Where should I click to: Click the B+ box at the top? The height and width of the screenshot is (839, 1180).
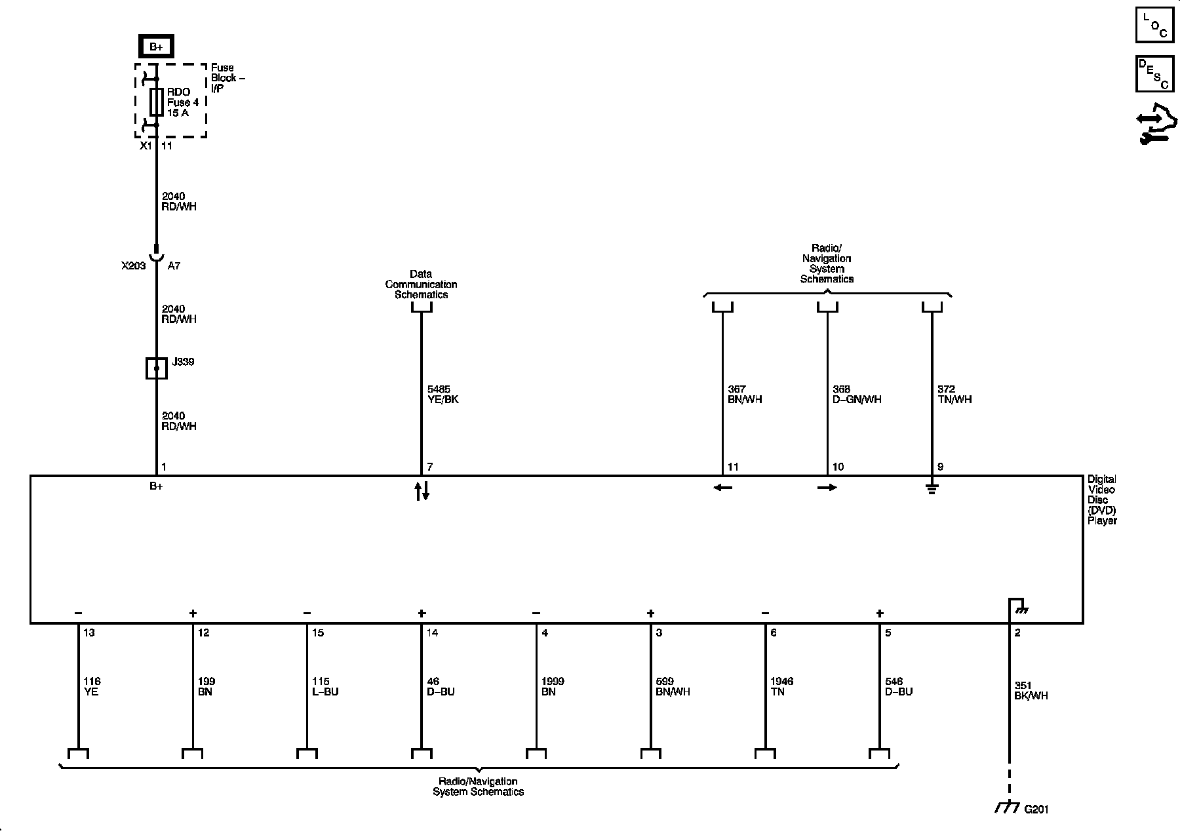click(x=156, y=47)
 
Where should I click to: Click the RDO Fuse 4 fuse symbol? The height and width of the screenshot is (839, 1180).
click(x=156, y=102)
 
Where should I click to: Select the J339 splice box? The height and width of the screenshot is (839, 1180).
click(x=156, y=368)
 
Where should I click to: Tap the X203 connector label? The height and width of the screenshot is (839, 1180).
click(x=133, y=266)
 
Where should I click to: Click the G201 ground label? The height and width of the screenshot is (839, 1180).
click(x=1036, y=810)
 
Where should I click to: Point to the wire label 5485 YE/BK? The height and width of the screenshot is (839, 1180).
click(x=442, y=394)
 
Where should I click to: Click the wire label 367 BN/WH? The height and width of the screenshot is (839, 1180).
click(x=745, y=394)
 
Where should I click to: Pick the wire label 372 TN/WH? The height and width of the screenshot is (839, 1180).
click(x=954, y=394)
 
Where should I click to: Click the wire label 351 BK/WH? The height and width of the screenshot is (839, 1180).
click(x=1031, y=690)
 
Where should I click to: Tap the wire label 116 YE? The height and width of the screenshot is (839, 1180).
click(x=92, y=686)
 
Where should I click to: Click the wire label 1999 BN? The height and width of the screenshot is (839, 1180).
click(x=553, y=686)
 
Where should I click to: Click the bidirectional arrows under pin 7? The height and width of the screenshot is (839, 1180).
click(x=422, y=491)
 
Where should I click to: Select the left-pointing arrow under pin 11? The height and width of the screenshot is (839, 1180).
click(x=722, y=488)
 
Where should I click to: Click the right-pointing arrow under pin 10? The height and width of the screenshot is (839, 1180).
click(x=827, y=488)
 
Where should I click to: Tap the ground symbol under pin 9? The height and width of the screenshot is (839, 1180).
click(x=932, y=488)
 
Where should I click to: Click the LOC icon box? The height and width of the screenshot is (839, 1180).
click(x=1154, y=26)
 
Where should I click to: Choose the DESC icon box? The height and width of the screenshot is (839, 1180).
click(x=1154, y=74)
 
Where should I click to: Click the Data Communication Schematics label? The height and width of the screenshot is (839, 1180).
click(x=421, y=284)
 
